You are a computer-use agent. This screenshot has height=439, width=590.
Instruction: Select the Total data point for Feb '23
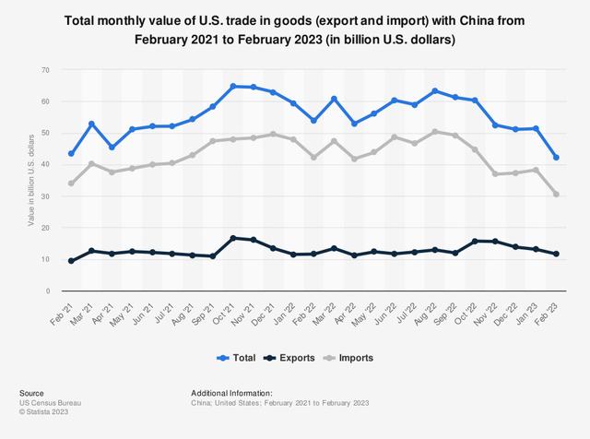click(x=556, y=158)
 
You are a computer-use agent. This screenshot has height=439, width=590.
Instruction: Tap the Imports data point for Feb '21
click(x=72, y=184)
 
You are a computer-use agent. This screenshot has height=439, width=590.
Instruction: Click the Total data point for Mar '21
click(x=92, y=124)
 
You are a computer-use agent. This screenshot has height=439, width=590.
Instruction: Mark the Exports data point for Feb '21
click(x=72, y=261)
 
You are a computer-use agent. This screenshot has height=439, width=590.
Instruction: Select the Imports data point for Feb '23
click(x=556, y=195)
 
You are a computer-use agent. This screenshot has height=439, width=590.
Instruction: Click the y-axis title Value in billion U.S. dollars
click(x=31, y=181)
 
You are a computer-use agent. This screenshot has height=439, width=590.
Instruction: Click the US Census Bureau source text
click(x=46, y=403)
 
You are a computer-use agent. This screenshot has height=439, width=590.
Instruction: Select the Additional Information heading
click(x=231, y=393)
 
